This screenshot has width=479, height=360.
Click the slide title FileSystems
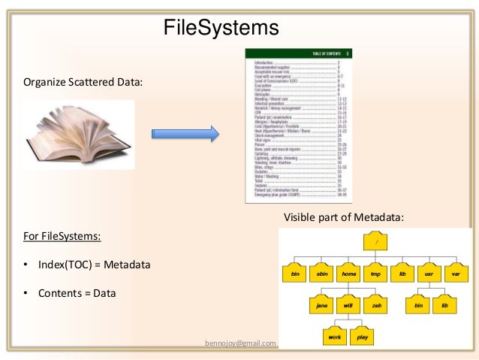(x=221, y=29)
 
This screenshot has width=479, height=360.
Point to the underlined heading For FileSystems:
(x=63, y=237)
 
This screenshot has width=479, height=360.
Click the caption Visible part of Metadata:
(x=343, y=217)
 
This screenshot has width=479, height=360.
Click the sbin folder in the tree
(x=322, y=274)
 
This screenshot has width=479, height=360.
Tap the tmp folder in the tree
(x=375, y=274)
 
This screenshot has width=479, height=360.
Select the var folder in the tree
(x=456, y=274)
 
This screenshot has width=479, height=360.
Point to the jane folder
(x=322, y=305)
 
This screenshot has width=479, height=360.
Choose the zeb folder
(x=375, y=305)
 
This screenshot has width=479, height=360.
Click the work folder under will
(x=335, y=337)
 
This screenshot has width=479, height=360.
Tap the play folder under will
(x=363, y=337)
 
